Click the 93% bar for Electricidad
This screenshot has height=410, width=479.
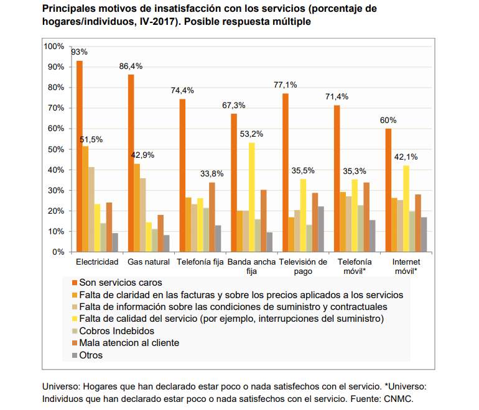(80, 156)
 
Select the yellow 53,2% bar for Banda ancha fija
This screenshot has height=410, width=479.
(252, 198)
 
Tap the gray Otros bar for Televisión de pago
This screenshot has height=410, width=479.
(321, 229)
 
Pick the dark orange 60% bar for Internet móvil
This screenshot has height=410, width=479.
(388, 190)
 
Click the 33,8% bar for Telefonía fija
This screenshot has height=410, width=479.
(212, 217)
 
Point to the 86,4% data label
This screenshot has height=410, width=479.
(131, 66)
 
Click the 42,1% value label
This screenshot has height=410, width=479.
(406, 157)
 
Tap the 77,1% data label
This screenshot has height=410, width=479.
(286, 85)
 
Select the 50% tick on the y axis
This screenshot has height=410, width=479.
(56, 150)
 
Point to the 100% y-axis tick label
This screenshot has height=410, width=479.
(54, 47)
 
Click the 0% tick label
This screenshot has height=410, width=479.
(58, 252)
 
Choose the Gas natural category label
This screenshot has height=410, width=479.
(149, 262)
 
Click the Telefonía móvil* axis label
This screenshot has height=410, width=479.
(355, 266)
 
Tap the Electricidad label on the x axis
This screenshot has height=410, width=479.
(97, 262)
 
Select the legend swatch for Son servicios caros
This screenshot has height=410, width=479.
(75, 283)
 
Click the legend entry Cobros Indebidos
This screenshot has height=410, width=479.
(113, 331)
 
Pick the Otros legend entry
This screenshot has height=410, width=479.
(87, 355)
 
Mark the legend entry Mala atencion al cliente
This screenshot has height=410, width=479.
(126, 343)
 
